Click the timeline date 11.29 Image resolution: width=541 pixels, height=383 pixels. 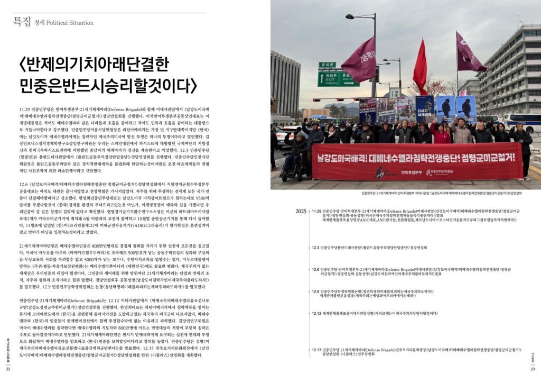(316, 211)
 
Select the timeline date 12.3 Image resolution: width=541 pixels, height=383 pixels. (315, 247)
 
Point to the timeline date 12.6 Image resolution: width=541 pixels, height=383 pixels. (315, 269)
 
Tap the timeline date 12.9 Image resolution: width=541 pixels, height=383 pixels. (315, 291)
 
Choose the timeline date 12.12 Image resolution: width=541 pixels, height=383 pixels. (317, 313)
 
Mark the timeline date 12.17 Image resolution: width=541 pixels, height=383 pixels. (317, 350)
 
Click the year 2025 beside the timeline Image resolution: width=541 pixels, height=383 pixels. (301, 211)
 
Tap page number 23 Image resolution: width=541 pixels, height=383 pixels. (533, 368)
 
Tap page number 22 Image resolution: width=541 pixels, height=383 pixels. (8, 368)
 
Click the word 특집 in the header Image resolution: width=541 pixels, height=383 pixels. (22, 22)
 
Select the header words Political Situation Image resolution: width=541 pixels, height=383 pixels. (70, 23)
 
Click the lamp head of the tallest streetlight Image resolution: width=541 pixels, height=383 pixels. (350, 17)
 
